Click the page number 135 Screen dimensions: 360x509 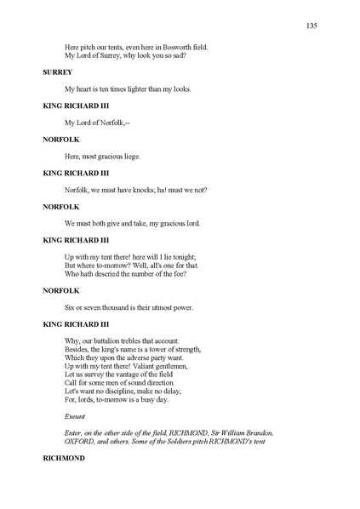(311, 26)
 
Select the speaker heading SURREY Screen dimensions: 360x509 (57, 72)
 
